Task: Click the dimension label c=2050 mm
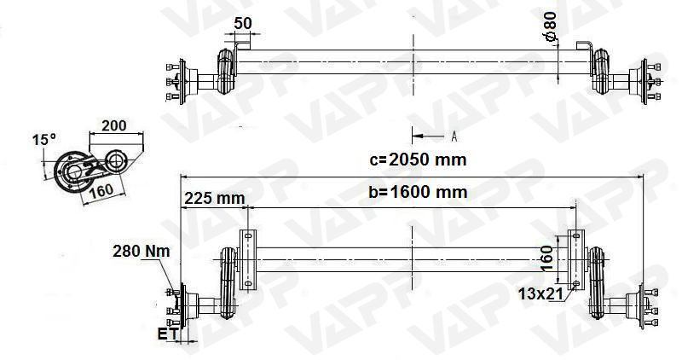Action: [418, 159]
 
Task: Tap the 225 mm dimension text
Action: [214, 198]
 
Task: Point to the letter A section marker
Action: [454, 136]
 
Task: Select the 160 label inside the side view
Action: [101, 189]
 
